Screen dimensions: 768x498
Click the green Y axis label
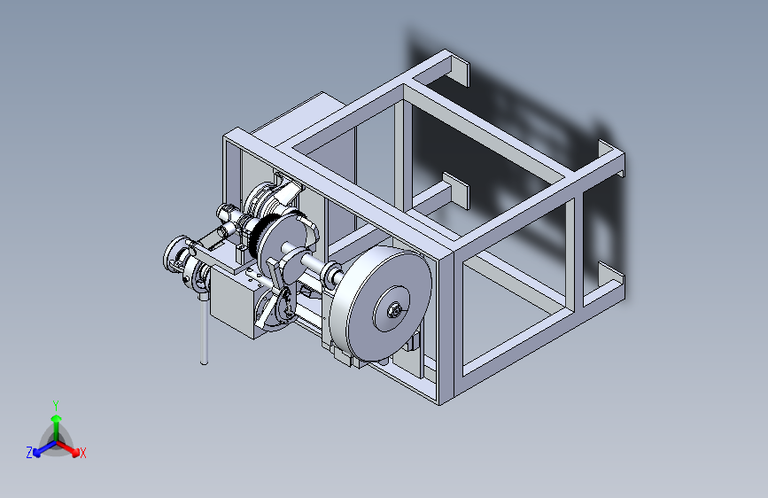(56, 406)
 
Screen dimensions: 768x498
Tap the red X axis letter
(82, 454)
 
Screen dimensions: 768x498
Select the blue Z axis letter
(29, 453)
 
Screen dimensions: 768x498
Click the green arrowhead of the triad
(57, 419)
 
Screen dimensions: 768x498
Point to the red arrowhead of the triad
(74, 452)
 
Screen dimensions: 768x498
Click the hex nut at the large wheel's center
(395, 310)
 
